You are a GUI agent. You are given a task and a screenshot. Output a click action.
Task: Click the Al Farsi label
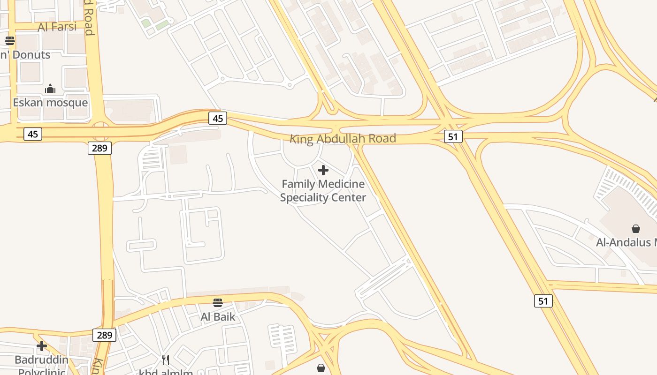tap(57, 27)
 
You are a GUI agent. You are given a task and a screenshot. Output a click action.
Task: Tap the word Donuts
tap(31, 55)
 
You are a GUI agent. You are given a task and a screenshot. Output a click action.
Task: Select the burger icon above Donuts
tap(9, 40)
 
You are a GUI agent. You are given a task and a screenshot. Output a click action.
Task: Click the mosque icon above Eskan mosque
tap(50, 89)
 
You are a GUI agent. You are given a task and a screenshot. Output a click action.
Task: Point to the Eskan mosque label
tap(50, 103)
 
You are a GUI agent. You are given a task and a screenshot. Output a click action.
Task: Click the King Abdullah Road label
tap(343, 139)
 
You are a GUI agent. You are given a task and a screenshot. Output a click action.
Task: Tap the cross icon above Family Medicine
tap(323, 170)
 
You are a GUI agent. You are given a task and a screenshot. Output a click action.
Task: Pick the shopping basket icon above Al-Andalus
tap(636, 229)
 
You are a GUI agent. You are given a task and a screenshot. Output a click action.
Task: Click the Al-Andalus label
tap(626, 242)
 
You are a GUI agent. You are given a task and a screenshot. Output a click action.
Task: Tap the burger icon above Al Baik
tap(217, 302)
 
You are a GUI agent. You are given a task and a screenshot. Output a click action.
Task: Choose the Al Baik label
tap(218, 317)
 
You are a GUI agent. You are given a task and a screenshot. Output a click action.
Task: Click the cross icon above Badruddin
tap(42, 346)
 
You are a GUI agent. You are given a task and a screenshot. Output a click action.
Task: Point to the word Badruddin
tap(41, 360)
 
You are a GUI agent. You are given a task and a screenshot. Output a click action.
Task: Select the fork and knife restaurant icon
tap(166, 360)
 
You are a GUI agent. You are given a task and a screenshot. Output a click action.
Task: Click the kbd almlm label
tap(166, 372)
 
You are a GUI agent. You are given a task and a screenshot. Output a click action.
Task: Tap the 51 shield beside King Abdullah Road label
tap(453, 136)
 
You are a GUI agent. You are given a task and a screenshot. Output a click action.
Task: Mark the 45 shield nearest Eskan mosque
tap(33, 135)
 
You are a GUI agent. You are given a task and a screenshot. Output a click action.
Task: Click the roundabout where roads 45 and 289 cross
tap(100, 131)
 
